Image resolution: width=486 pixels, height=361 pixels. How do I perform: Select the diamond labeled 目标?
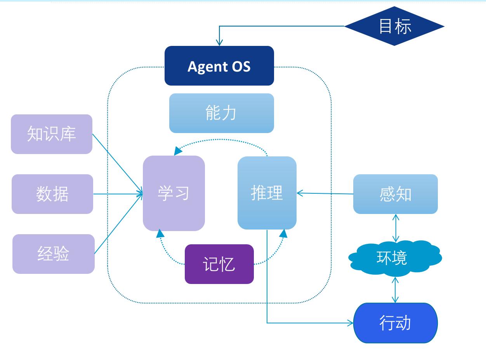(x=394, y=26)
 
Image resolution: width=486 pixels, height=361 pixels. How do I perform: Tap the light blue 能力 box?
(x=221, y=113)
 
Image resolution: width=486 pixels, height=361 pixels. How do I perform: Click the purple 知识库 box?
(x=52, y=134)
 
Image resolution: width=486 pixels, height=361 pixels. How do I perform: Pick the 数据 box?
(x=52, y=194)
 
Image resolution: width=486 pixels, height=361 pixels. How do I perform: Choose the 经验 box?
(x=54, y=254)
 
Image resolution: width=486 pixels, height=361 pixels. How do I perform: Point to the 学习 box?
(x=174, y=193)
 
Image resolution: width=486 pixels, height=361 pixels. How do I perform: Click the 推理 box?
(x=267, y=193)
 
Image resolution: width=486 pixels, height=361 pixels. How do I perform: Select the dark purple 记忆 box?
(x=219, y=264)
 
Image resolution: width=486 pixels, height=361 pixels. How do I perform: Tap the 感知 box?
(x=395, y=194)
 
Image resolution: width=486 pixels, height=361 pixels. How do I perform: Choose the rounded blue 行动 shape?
(x=395, y=323)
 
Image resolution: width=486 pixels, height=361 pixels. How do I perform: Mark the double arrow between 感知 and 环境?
(x=396, y=228)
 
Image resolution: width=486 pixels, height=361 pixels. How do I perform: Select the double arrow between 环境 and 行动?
(x=395, y=290)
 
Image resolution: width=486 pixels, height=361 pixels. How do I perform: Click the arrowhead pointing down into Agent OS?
(x=219, y=42)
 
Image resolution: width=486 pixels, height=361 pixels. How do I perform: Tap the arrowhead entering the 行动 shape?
(x=350, y=323)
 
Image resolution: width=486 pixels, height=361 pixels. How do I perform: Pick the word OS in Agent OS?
(x=241, y=67)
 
